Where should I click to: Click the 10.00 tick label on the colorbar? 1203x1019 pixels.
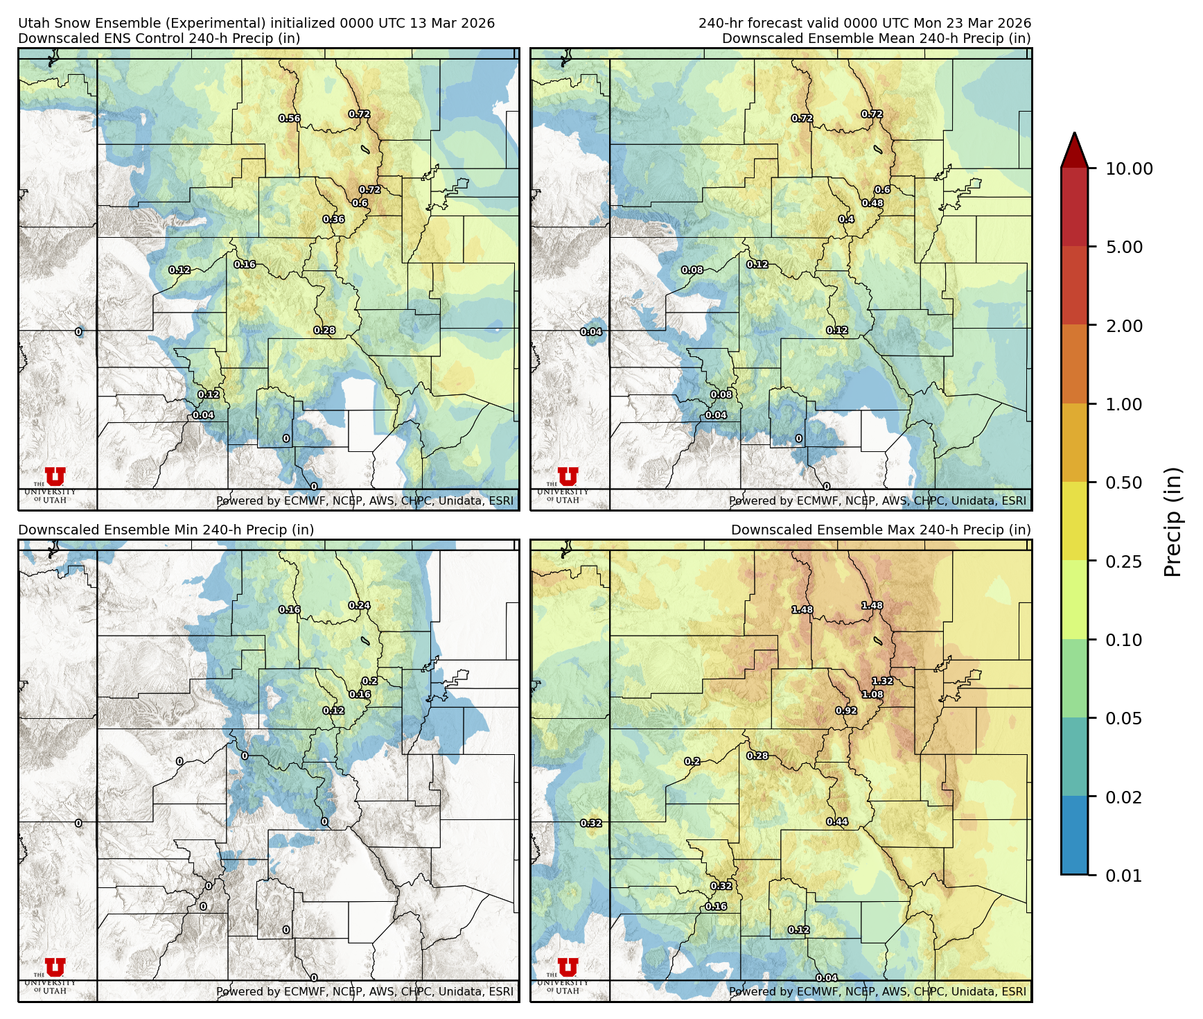(x=1129, y=168)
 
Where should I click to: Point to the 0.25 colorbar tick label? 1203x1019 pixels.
(x=1123, y=561)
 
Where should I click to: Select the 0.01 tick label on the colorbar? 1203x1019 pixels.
(x=1123, y=876)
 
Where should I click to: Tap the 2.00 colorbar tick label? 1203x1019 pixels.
(x=1123, y=326)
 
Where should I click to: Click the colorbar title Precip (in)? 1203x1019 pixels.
(x=1173, y=522)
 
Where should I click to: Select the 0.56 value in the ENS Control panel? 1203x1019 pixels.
(x=290, y=119)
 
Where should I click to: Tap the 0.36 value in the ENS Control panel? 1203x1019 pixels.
(x=333, y=220)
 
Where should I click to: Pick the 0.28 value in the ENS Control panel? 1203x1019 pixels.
(x=324, y=331)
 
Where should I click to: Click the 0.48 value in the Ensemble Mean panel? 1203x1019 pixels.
(x=872, y=203)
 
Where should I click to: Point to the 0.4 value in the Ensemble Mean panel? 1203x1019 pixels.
(x=846, y=220)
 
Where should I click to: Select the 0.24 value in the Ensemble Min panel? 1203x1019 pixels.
(x=359, y=605)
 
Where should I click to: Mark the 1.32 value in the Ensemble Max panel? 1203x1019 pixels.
(x=882, y=681)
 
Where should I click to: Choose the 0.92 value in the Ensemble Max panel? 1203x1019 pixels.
(x=846, y=711)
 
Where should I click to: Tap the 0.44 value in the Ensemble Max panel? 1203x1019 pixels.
(x=837, y=822)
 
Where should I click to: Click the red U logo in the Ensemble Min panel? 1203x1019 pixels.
(x=55, y=967)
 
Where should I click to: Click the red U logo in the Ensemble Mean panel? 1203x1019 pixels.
(x=568, y=476)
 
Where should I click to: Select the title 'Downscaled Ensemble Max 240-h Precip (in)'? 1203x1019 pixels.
(x=881, y=530)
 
